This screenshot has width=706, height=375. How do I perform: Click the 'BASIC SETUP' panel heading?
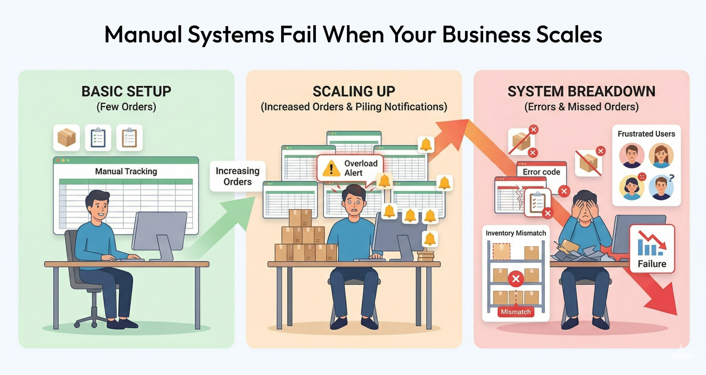click(126, 91)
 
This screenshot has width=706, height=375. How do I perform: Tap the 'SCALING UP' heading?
click(354, 91)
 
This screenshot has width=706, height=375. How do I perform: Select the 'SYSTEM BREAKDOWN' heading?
click(581, 91)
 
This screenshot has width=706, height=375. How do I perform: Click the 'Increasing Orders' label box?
click(237, 176)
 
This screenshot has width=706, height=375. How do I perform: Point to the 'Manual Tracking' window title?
click(126, 171)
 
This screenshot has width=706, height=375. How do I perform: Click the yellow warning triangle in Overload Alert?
click(331, 168)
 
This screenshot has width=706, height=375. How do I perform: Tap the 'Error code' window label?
click(541, 172)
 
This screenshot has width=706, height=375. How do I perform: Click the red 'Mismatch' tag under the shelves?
click(515, 312)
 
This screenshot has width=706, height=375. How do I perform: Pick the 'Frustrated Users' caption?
click(646, 134)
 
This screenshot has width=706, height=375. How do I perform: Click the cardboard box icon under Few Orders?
click(67, 138)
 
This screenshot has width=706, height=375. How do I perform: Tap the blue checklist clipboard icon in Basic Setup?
click(98, 138)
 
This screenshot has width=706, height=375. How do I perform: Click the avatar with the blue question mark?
click(661, 187)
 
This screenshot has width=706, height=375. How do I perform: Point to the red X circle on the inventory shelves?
click(515, 278)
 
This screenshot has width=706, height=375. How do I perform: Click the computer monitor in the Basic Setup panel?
click(160, 231)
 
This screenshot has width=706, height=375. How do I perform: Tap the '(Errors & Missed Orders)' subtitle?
click(581, 107)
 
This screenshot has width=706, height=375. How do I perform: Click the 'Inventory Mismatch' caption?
click(515, 233)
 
